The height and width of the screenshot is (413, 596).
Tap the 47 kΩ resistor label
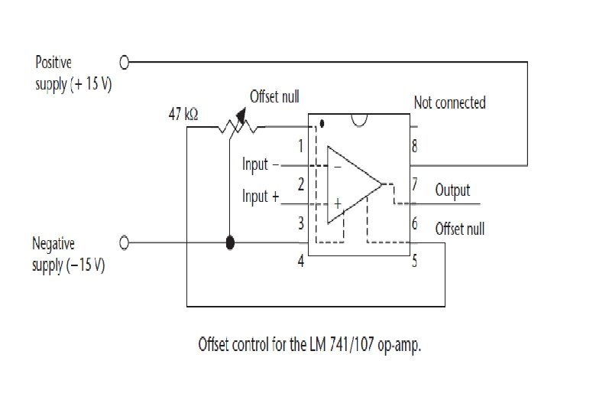pos(183,114)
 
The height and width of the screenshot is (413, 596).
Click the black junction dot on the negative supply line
pos(230,243)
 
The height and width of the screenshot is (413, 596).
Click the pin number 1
pos(300,145)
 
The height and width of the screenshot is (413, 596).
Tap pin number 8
pos(415,145)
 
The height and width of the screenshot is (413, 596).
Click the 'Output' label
pos(452,190)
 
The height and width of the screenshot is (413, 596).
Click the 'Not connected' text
pos(449,102)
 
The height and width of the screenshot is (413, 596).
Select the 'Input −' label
pos(260,164)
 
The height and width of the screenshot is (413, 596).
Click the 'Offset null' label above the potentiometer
pos(274,97)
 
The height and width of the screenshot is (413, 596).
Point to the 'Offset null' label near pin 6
pos(459,229)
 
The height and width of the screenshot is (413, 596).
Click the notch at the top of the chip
pos(360,120)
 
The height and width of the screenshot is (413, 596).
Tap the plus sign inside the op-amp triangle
pos(336,203)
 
